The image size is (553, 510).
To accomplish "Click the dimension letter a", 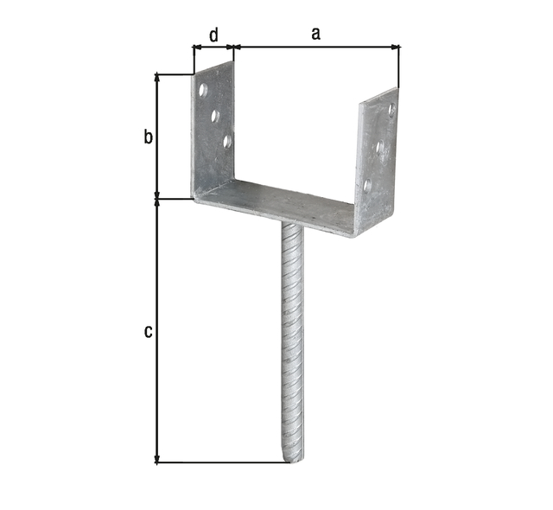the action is point(315,34).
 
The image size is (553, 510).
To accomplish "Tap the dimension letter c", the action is point(149,332).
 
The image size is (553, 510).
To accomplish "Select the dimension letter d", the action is point(214,35).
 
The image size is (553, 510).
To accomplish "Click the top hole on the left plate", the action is point(203,90).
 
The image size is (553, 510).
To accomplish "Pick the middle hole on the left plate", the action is point(215,115).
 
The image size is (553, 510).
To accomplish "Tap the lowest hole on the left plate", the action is point(227,141).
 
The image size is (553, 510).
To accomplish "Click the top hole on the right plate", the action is point(391,109).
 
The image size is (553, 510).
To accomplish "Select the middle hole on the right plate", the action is point(380,146).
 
